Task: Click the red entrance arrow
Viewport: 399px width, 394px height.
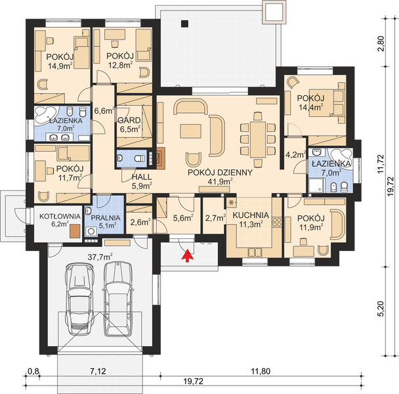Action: point(189,255)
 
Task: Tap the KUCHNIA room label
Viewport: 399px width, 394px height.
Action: point(249,215)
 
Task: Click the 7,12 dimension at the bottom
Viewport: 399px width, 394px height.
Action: point(99,372)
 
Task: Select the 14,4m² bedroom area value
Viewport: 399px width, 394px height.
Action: point(311,104)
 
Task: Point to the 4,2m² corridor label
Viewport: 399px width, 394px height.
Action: point(295,156)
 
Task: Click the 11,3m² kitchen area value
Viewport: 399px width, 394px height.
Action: point(249,224)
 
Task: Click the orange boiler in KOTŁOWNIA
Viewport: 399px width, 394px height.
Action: point(74,231)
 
